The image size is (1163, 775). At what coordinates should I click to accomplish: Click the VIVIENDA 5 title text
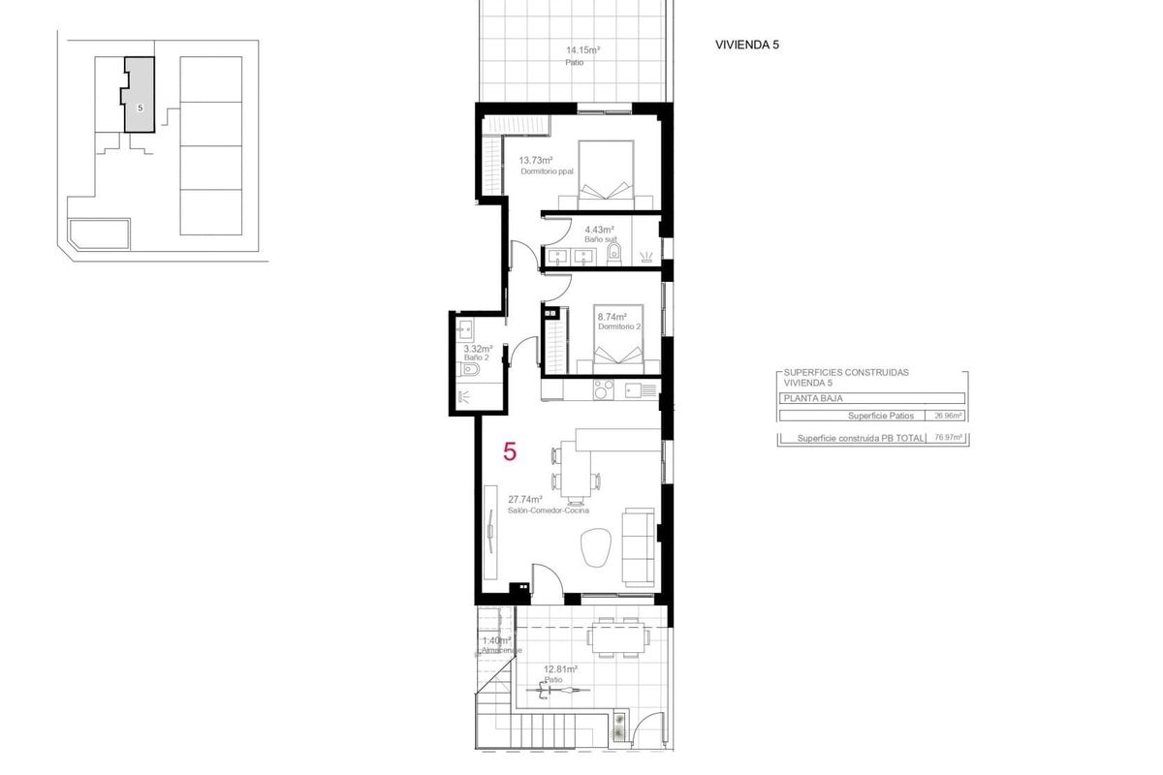click(746, 45)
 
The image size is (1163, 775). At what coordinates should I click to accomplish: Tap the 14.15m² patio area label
click(582, 51)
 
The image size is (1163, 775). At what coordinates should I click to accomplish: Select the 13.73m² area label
click(535, 161)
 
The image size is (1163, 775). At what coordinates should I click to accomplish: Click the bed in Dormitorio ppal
click(606, 174)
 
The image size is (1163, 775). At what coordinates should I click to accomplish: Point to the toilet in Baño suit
click(613, 254)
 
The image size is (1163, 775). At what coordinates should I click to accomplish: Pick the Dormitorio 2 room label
click(619, 327)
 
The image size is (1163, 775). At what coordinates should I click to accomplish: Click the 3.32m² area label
click(477, 349)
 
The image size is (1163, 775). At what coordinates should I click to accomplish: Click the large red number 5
click(510, 451)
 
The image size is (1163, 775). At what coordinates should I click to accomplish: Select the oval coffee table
click(594, 549)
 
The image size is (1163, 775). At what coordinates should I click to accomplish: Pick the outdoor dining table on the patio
click(617, 635)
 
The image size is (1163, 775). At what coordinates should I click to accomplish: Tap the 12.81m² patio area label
click(560, 669)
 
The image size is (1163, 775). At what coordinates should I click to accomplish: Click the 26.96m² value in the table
click(946, 416)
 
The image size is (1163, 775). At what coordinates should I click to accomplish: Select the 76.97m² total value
click(946, 439)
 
